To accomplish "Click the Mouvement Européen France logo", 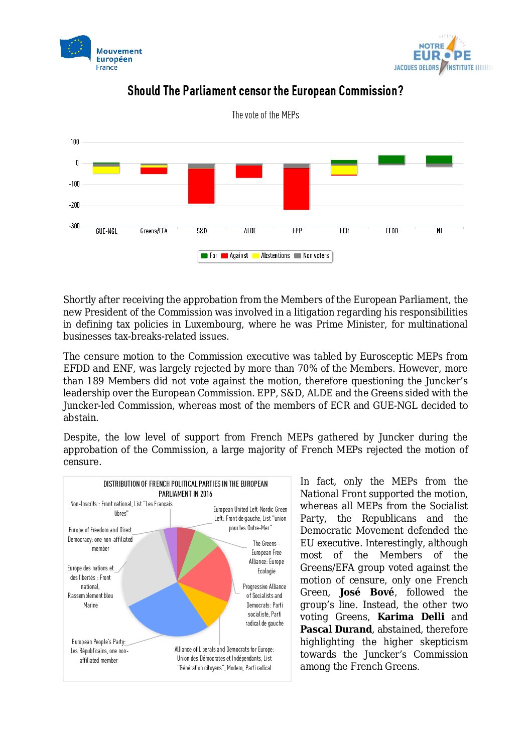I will tap(100, 53).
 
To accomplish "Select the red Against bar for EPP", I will tap(296, 189).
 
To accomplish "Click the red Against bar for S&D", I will tap(201, 186).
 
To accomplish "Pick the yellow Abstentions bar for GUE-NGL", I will tap(106, 170).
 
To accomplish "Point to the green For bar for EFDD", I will tap(391, 160).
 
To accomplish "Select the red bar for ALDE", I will tap(249, 172).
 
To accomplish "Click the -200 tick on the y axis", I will tap(74, 205).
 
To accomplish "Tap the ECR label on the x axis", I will tap(344, 231).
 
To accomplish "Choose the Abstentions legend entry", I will tap(271, 256).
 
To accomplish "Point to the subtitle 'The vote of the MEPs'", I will tap(265, 115).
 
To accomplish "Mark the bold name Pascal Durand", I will tap(336, 630).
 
